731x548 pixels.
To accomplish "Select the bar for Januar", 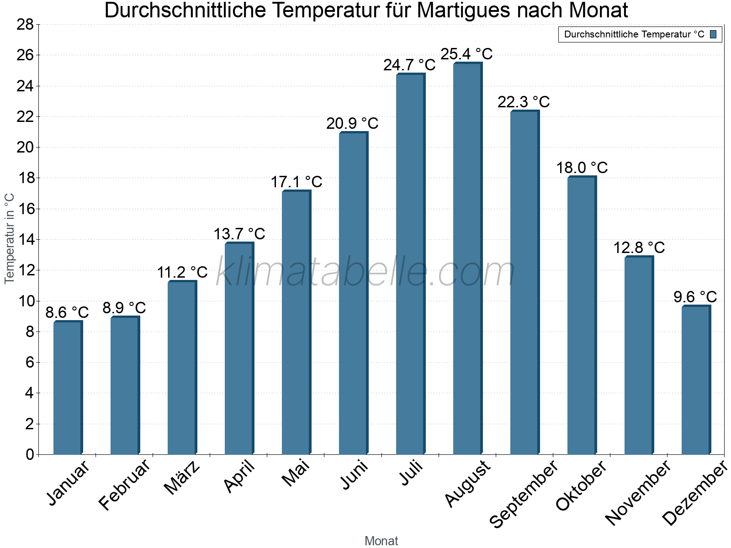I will click(68, 388).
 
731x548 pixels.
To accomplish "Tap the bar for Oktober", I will click(582, 316).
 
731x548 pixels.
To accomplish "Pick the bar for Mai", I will click(296, 322).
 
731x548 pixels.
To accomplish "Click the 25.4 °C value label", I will click(466, 54).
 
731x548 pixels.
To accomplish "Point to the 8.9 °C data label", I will click(124, 308).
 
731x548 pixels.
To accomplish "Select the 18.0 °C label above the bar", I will click(582, 168).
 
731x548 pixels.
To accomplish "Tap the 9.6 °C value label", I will click(695, 297).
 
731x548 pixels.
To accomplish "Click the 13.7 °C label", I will click(239, 234).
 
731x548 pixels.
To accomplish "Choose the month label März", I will click(182, 478).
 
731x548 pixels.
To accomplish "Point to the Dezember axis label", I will click(695, 493).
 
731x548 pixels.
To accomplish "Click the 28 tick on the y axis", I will click(25, 24).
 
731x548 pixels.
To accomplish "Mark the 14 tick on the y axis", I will click(25, 239).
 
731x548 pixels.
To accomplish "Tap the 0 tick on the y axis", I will click(30, 454).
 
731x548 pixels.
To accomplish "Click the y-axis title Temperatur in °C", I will click(10, 238).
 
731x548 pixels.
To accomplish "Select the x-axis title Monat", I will click(381, 541).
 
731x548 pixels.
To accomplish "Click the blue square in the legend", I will click(713, 34).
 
